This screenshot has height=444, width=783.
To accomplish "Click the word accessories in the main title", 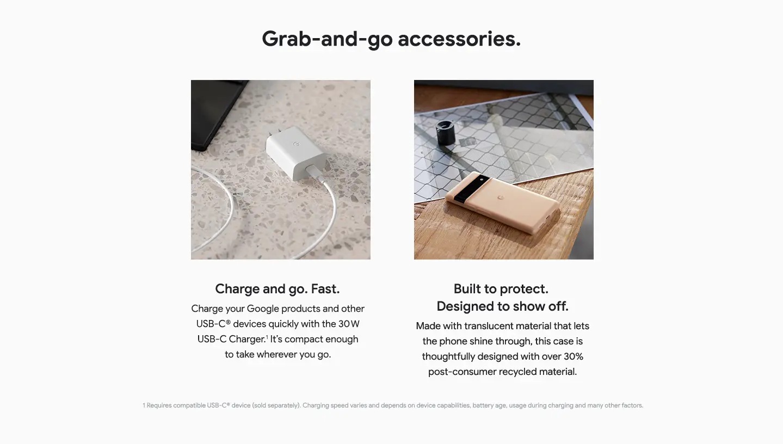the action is pos(459,39).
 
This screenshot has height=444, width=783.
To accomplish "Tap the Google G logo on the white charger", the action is pos(297,144).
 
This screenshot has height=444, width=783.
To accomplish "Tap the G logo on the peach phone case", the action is pos(501,198).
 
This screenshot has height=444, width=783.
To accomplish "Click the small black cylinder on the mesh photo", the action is pos(446,132).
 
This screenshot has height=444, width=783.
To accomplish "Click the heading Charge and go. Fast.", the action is pos(277,289).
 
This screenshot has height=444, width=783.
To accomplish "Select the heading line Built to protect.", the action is pos(501,289).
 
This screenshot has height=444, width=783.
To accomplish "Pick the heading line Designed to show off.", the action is pos(502,306).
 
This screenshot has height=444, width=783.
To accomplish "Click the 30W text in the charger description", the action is pos(349,324).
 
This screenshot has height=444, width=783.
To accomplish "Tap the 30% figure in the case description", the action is pos(574,356).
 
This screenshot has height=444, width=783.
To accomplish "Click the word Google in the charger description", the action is pos(262,309).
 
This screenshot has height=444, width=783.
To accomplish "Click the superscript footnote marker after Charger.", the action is pos(267,337).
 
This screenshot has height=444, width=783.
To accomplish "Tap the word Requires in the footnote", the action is pos(159,405).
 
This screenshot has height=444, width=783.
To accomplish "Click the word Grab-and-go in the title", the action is pos(327,39).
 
